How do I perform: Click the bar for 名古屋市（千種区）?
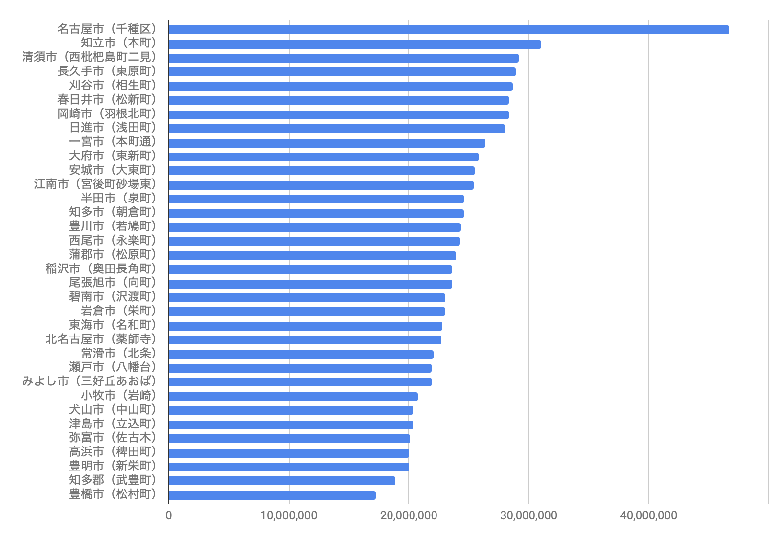[x=449, y=30]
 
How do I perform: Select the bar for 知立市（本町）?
[x=355, y=45]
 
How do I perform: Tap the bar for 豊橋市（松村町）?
[x=272, y=495]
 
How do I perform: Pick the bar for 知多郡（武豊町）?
[x=282, y=481]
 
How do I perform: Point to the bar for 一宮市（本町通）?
[x=327, y=143]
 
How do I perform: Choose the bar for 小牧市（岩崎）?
[x=293, y=397]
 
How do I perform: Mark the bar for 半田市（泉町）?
[x=316, y=199]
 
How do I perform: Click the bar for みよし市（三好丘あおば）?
[x=300, y=382]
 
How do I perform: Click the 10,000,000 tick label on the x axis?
[x=289, y=515]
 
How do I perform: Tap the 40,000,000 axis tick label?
[x=648, y=515]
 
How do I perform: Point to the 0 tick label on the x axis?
[x=169, y=515]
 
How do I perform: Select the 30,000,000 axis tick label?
[x=528, y=515]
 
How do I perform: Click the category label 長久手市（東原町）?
[x=107, y=71]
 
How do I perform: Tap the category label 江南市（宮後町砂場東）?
[x=95, y=184]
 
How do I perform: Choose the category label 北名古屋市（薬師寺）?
[x=101, y=339]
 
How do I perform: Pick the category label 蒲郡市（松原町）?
[x=113, y=254]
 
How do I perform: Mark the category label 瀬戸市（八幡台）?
[x=113, y=367]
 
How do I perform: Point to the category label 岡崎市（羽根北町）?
[x=107, y=113]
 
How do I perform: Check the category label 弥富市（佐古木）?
[x=113, y=437]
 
